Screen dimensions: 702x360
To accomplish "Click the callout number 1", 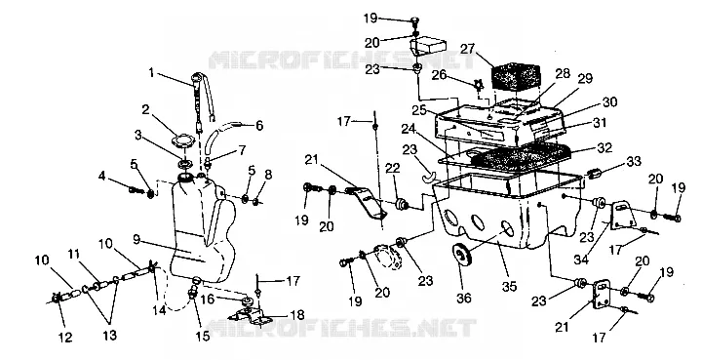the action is (x=152, y=73).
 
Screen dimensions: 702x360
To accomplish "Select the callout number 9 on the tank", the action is (x=136, y=240).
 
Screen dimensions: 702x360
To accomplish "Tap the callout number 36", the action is (x=463, y=297).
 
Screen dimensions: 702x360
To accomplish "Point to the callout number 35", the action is (x=510, y=286).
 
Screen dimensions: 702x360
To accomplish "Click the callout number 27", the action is (x=467, y=49).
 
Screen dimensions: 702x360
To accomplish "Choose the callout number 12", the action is (x=65, y=337).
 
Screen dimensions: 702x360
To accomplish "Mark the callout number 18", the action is (x=296, y=315).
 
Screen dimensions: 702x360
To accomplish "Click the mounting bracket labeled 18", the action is (x=253, y=315).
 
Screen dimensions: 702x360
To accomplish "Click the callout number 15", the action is (x=202, y=335).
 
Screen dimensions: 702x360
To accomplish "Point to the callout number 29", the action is (x=585, y=79).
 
